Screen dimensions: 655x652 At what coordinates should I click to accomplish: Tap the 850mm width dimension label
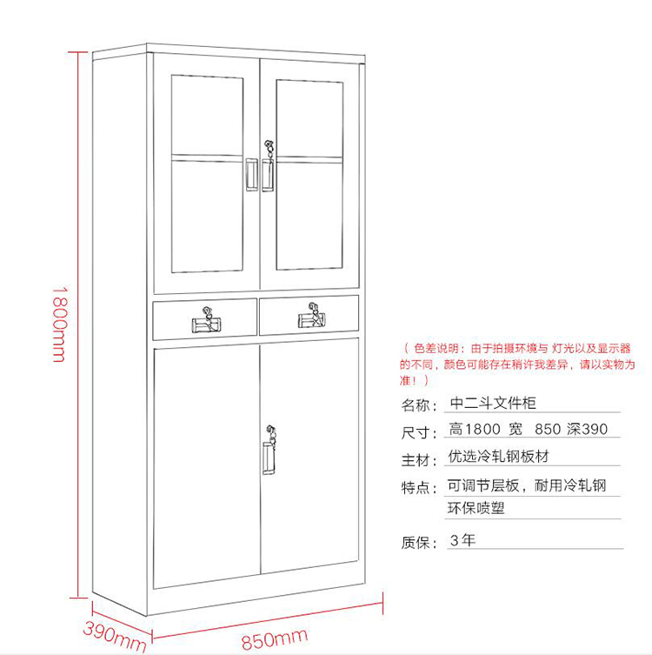(275, 639)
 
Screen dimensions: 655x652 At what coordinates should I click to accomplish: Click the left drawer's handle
(206, 324)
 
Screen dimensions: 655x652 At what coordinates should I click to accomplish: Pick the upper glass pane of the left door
(206, 115)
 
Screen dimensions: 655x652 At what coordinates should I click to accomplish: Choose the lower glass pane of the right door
(309, 212)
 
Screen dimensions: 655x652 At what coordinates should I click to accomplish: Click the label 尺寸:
(417, 431)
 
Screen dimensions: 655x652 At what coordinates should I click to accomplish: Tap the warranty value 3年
(462, 540)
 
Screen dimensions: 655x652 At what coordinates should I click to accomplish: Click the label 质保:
(417, 543)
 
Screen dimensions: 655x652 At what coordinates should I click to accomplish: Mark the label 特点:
(417, 488)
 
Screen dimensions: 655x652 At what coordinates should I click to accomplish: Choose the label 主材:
(417, 459)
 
